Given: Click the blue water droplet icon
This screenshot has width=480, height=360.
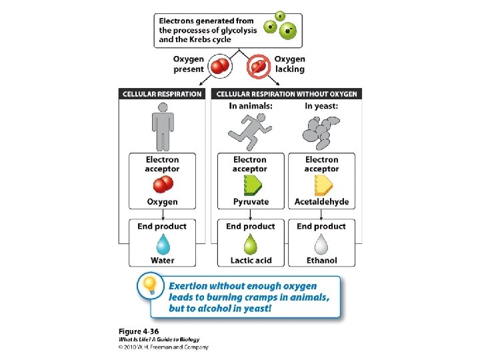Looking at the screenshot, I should tap(162, 244).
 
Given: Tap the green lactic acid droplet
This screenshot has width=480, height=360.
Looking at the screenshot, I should tap(251, 244).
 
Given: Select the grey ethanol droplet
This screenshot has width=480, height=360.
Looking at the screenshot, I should tap(321, 244).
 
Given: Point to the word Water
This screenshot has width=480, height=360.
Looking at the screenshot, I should tap(162, 261).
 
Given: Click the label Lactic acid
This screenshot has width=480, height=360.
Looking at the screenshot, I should tap(251, 261).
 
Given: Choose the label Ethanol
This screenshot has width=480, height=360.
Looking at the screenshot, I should tap(321, 261).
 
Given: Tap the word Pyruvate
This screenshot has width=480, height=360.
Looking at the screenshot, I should tap(251, 202).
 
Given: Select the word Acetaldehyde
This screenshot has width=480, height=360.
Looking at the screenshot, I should tap(322, 202).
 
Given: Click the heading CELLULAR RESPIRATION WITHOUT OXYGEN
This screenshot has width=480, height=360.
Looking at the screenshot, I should tap(287, 94).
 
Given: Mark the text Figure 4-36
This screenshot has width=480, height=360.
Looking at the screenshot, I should tap(139, 331).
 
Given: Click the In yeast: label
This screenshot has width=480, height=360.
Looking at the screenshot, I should tap(321, 106).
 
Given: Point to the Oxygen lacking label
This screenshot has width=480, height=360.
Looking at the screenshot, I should tap(289, 64).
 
